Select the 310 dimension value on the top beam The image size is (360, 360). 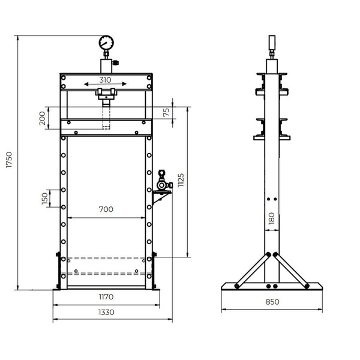click(x=106, y=79)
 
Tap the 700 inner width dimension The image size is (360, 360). click(x=106, y=210)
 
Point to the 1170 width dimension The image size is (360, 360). click(x=106, y=296)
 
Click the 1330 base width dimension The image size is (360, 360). click(x=106, y=311)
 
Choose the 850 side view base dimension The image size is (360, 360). click(x=272, y=302)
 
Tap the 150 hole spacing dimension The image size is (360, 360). click(x=44, y=199)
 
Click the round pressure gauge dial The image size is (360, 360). click(x=106, y=43)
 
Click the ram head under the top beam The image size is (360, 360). click(x=106, y=93)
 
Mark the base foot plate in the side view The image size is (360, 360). click(x=272, y=286)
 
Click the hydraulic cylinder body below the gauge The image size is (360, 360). click(x=106, y=64)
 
